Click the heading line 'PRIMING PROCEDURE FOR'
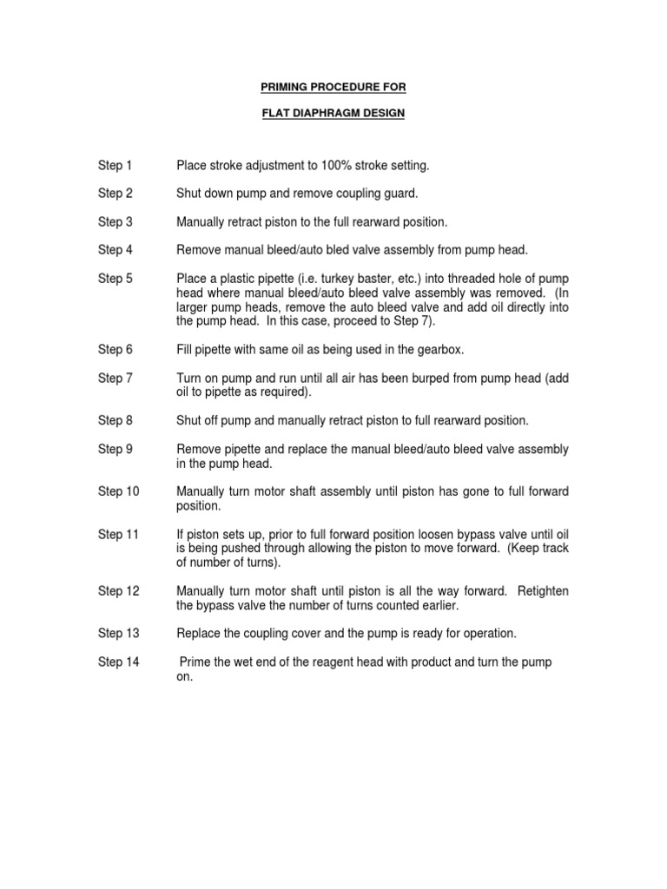[x=333, y=87]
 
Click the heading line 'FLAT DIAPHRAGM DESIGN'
[x=333, y=114]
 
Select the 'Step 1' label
[x=115, y=165]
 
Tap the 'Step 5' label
[x=115, y=279]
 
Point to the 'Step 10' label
[x=118, y=491]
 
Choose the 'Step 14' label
[x=118, y=662]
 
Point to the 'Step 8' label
[x=115, y=420]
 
